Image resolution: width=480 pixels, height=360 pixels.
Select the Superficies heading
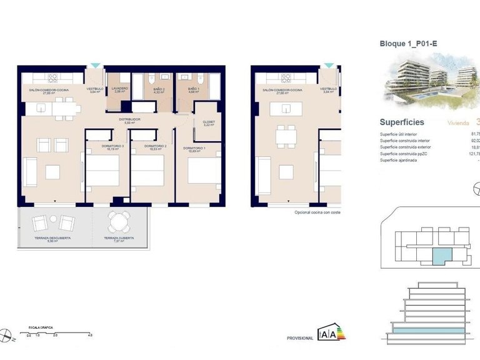(x=402, y=122)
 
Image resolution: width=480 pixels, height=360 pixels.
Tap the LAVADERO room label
(x=120, y=89)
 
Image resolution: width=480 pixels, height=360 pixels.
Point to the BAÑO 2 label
(x=159, y=89)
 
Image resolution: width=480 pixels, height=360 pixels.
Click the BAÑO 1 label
(x=194, y=89)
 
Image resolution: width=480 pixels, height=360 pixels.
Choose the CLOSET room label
(x=209, y=122)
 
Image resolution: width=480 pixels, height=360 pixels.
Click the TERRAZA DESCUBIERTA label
(x=52, y=238)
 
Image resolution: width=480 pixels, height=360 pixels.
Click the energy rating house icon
(x=332, y=333)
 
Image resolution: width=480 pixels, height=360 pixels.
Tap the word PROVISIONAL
(x=300, y=338)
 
